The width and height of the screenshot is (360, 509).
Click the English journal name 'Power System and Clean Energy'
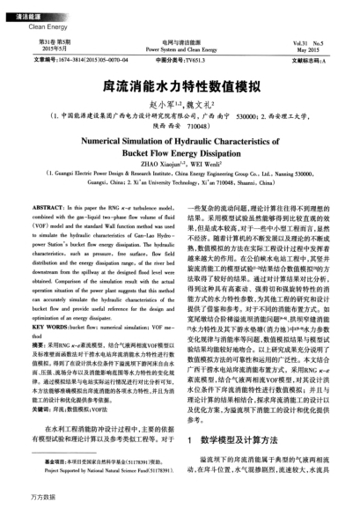pos(180,50)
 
